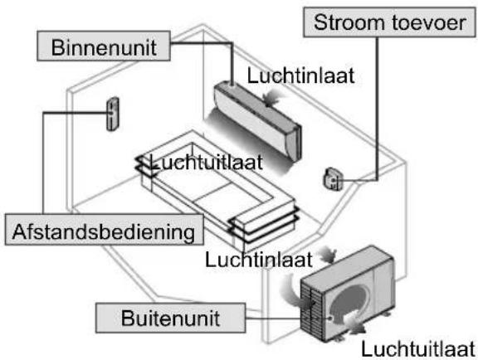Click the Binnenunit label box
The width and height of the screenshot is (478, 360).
coord(104,46)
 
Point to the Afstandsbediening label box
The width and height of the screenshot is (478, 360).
coord(105,230)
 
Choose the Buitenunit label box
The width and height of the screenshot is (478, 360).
coord(170,318)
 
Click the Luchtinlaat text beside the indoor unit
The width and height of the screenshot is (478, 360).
coord(301,75)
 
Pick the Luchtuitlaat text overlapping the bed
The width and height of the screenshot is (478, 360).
coord(207,162)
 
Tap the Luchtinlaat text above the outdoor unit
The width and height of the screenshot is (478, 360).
coord(259,260)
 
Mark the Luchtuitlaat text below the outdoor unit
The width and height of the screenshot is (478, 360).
coord(418,348)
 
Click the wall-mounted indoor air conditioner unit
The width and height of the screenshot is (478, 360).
coord(257,120)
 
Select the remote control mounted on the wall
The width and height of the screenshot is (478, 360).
coord(113,114)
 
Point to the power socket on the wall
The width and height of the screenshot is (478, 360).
coord(333,179)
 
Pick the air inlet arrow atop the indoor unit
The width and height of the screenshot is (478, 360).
coord(270,97)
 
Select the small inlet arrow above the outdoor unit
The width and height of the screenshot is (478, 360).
coord(328,255)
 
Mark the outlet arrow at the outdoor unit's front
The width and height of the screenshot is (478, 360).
coord(354,324)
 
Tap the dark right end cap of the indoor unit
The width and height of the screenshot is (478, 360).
coord(295,143)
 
